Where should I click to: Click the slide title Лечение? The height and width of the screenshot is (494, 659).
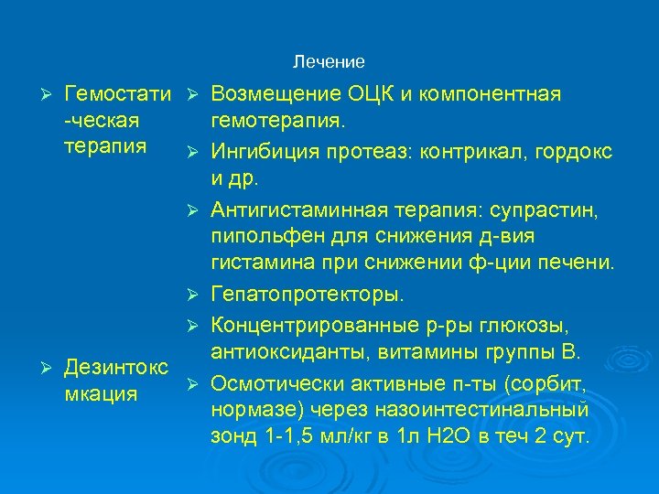pyautogui.click(x=329, y=62)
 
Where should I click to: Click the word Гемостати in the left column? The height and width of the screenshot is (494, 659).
pyautogui.click(x=118, y=94)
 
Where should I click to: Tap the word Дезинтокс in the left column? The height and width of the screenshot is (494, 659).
pyautogui.click(x=116, y=368)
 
